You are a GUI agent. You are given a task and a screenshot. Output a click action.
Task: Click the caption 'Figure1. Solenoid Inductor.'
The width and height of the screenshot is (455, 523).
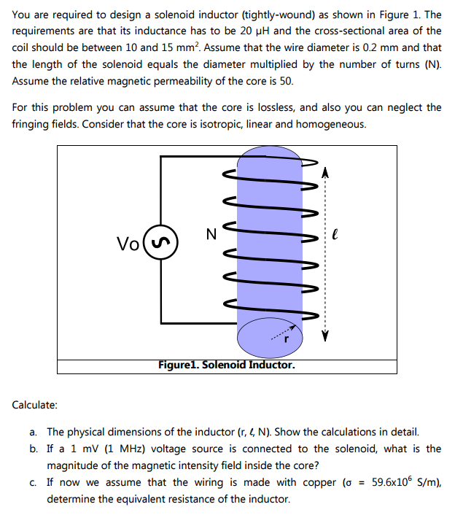(x=227, y=365)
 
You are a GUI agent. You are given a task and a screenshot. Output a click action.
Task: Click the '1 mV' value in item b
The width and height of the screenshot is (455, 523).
(x=97, y=449)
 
